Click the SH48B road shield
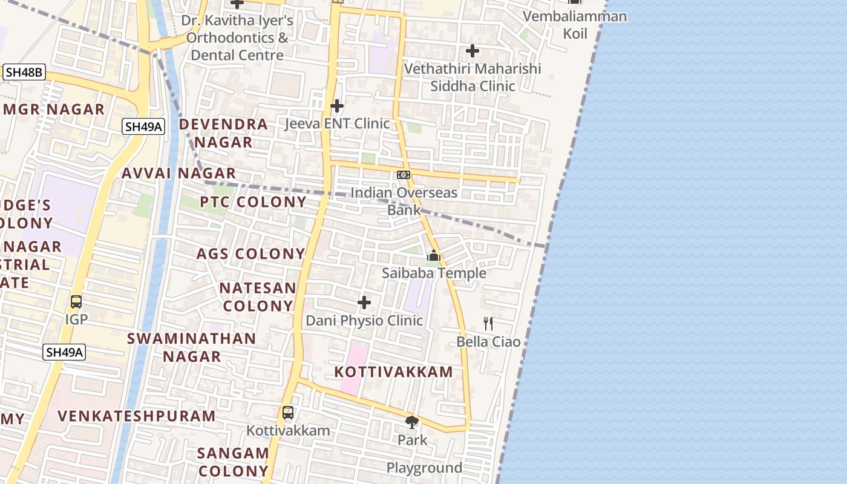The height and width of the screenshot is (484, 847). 24,73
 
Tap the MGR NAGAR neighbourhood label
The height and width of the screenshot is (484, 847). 54,110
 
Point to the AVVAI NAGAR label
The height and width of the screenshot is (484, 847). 178,174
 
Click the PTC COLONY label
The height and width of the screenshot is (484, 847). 253,202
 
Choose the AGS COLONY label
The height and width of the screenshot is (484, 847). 250,254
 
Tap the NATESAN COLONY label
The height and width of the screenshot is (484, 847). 258,296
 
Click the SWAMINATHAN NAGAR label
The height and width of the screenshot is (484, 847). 192,347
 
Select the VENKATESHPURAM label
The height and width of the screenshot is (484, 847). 137,416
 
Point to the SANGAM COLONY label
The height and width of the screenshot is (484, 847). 233,462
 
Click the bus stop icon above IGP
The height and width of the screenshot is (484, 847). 76,301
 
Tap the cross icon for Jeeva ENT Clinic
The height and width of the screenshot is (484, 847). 337,106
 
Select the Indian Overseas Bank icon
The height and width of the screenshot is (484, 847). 404,175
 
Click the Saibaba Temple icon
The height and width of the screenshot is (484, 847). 433,256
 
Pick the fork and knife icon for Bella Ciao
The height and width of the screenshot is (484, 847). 488,324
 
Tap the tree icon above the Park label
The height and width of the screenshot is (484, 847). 412,422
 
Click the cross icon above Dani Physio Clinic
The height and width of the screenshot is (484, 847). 364,302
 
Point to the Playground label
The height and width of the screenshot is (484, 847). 424,468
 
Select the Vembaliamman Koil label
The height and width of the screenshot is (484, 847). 575,24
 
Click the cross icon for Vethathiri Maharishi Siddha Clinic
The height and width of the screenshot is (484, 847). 473,51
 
